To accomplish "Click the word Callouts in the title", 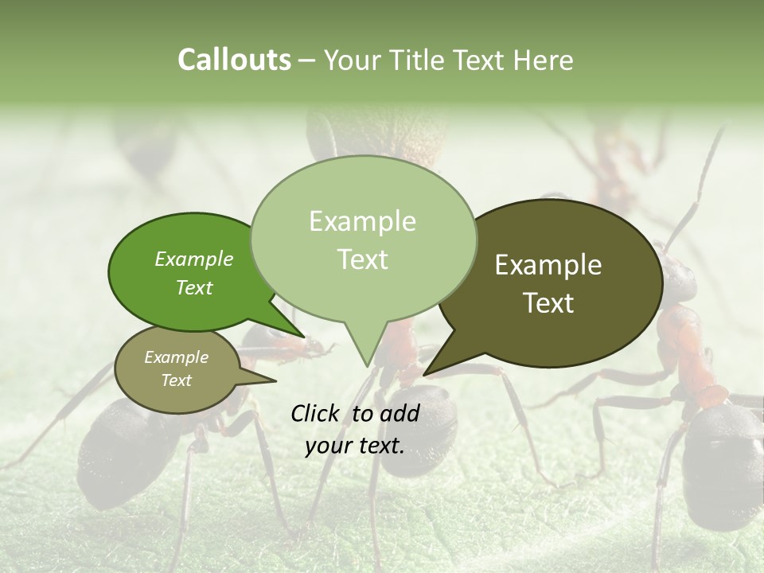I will tap(234, 60).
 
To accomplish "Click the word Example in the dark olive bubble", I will tap(548, 265).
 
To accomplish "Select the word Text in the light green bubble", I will tap(362, 259).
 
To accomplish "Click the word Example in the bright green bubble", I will tap(194, 259).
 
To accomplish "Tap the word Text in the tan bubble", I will tap(177, 380).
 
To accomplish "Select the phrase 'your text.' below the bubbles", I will tap(355, 446).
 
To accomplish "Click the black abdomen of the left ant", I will tap(119, 446).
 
